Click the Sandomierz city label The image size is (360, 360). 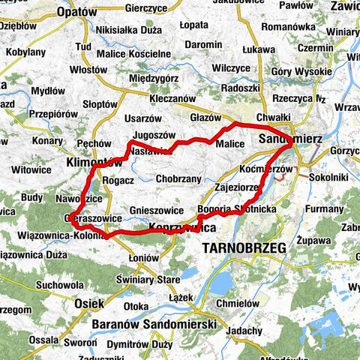coord(292,139)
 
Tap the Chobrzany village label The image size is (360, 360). coord(179,179)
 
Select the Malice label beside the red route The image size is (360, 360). coord(230,144)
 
